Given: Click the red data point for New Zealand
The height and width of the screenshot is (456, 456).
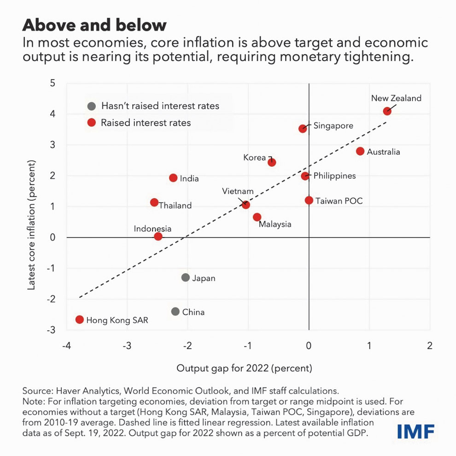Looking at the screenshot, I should pyautogui.click(x=387, y=111).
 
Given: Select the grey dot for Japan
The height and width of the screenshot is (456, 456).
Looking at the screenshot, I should pyautogui.click(x=186, y=277).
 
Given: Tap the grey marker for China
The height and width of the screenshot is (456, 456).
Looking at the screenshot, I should pyautogui.click(x=175, y=311).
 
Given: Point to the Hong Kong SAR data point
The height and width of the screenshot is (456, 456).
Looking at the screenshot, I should pyautogui.click(x=80, y=319).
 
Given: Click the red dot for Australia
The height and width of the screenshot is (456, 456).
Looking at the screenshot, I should pyautogui.click(x=360, y=151).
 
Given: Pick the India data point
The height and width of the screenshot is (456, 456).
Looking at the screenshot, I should pyautogui.click(x=173, y=178).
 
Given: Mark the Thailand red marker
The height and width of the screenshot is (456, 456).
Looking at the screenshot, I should pyautogui.click(x=154, y=202).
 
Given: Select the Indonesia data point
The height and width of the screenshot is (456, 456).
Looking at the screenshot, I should pyautogui.click(x=158, y=236).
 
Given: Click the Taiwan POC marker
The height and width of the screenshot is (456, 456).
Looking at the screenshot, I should pyautogui.click(x=309, y=200).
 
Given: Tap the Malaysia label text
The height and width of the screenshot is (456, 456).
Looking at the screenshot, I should pyautogui.click(x=275, y=224).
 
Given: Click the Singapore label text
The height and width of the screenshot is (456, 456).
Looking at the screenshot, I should pyautogui.click(x=333, y=126).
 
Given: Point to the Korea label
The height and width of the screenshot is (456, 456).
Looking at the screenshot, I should pyautogui.click(x=254, y=158).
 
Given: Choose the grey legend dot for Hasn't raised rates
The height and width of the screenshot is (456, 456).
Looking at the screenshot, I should pyautogui.click(x=91, y=106).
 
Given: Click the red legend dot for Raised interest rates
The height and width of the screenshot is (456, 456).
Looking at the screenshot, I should pyautogui.click(x=91, y=123).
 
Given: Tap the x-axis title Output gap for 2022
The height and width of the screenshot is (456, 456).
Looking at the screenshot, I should pyautogui.click(x=245, y=368).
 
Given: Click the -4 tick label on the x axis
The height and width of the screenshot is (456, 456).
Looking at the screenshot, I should pyautogui.click(x=67, y=346).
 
